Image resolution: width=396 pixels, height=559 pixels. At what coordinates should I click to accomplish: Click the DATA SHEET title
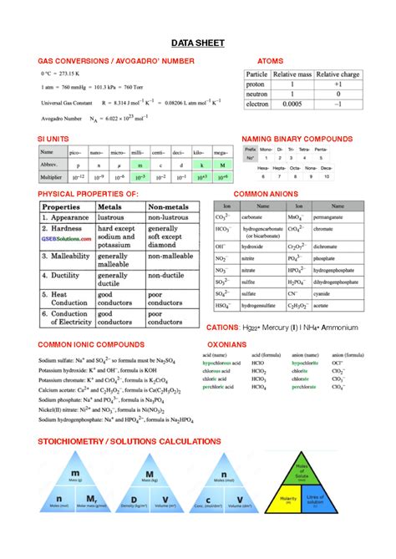click(198, 43)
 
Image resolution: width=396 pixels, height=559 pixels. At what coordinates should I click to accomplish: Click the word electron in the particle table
click(256, 104)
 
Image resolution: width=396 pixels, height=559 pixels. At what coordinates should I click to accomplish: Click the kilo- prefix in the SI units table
click(200, 152)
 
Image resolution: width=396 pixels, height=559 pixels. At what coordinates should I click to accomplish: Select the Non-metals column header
click(169, 206)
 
